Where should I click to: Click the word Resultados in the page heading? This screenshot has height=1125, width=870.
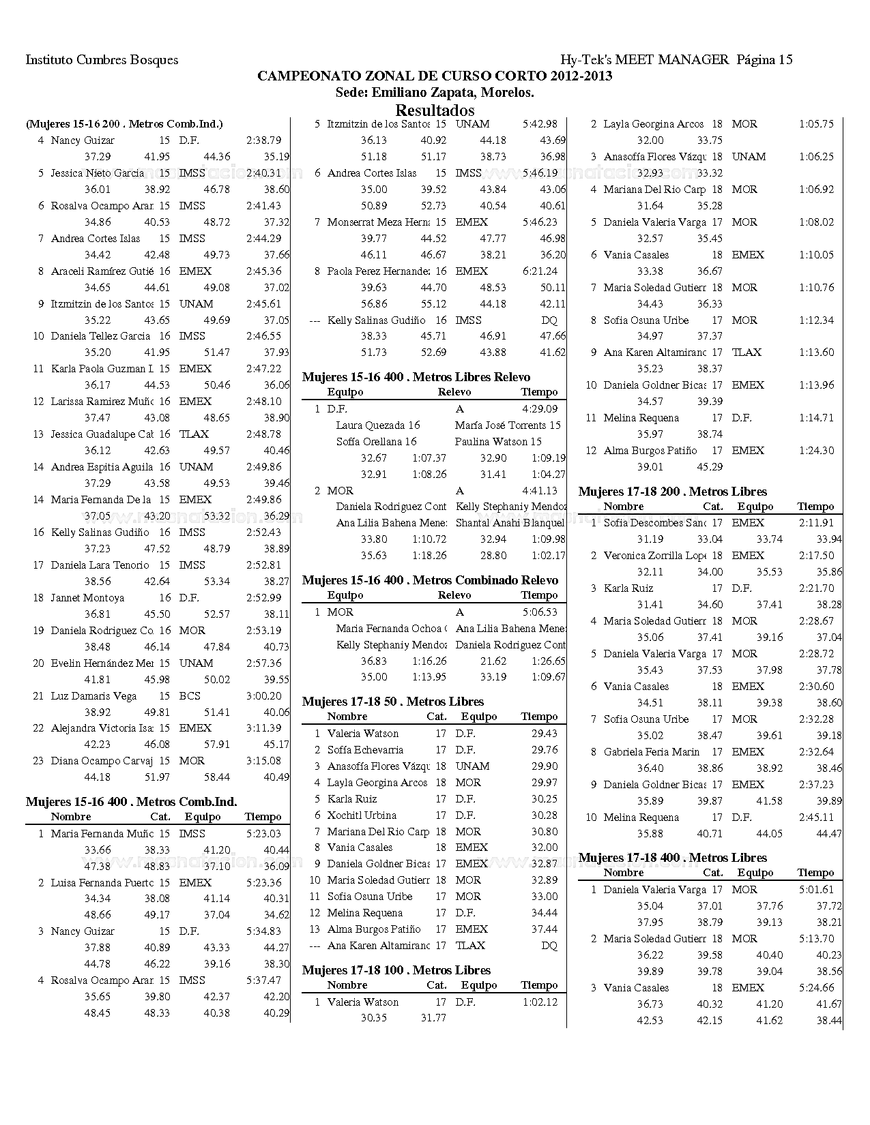435,110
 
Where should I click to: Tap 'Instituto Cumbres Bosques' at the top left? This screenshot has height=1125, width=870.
102,60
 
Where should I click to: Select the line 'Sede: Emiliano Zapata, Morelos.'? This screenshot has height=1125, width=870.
435,93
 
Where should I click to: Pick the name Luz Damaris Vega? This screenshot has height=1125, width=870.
93,696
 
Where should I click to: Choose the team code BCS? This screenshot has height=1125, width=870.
190,696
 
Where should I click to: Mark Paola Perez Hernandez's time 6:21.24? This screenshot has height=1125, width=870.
540,271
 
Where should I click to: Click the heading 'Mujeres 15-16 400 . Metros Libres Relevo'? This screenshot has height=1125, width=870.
416,377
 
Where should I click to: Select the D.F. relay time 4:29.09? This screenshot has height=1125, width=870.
540,409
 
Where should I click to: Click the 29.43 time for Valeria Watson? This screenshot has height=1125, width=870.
544,734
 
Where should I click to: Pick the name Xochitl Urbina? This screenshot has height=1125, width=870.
362,815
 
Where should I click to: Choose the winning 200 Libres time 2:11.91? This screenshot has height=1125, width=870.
816,523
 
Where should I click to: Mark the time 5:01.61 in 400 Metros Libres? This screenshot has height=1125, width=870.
816,890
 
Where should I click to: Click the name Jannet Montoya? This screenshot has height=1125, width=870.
87,598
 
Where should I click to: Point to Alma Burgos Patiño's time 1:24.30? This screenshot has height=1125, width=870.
816,451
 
